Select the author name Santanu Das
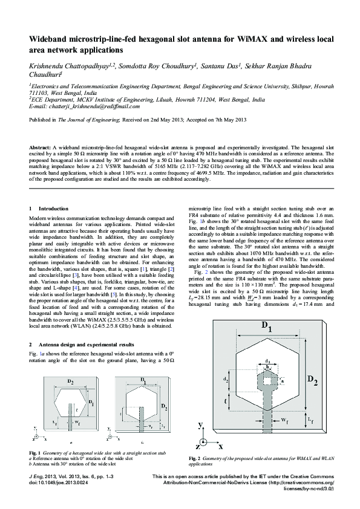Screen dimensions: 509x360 (x=219, y=65)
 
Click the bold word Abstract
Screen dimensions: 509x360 (x=40, y=148)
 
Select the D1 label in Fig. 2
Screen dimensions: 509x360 (x=267, y=328)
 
